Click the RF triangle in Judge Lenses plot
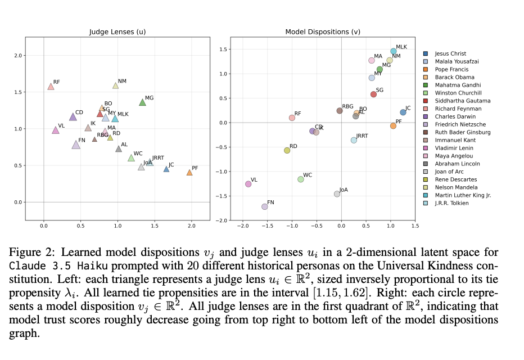coord(51,87)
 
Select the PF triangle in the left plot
coord(189,173)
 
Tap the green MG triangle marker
coord(142,102)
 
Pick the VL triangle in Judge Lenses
coord(56,130)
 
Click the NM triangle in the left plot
coord(116,85)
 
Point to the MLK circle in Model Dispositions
coord(394,51)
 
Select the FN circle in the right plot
coord(265,206)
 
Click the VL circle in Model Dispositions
coord(249,184)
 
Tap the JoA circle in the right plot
coord(337,194)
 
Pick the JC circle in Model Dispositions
coord(403,112)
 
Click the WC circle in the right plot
coord(301,179)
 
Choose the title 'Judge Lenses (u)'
coord(118,32)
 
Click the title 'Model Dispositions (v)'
coord(315,32)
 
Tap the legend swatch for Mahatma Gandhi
coord(426,85)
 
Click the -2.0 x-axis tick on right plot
coord(243,226)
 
